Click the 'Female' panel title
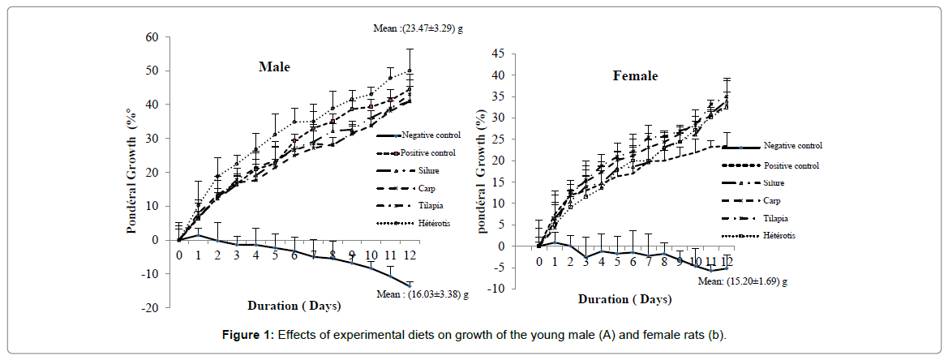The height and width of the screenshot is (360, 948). pos(635,76)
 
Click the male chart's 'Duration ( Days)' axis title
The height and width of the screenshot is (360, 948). pos(294,306)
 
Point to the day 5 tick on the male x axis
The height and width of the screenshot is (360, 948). pos(275,254)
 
